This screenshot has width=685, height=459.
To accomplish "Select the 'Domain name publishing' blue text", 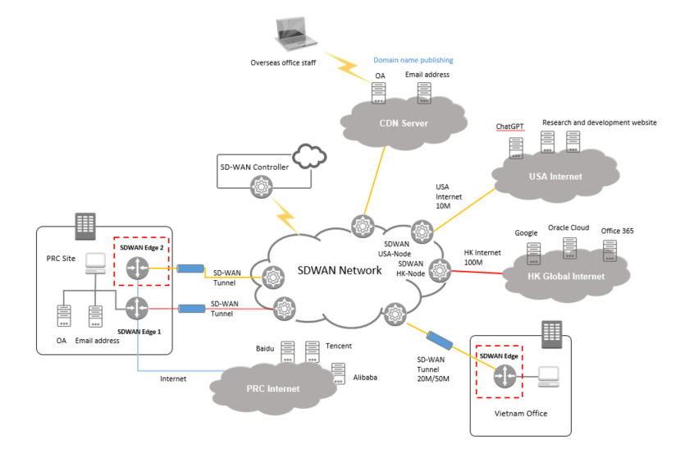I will pos(413,60).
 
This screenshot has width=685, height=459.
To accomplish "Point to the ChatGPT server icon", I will pos(515,147).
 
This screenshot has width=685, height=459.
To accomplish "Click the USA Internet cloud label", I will pos(555,176).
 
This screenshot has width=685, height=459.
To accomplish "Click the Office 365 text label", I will pos(618,231).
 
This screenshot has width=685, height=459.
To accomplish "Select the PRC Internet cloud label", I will pos(272,388).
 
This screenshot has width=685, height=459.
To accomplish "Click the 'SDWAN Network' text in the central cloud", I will pos(340,270).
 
